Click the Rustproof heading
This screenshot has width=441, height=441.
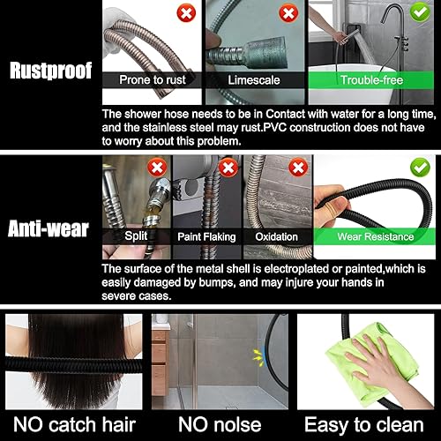click(50, 71)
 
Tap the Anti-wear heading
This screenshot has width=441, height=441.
click(49, 228)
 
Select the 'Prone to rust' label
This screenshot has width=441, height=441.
click(153, 80)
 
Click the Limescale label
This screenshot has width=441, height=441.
click(254, 80)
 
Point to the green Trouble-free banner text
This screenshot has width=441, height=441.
click(371, 80)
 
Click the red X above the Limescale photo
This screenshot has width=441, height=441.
click(288, 13)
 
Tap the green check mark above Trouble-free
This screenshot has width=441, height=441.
click(420, 12)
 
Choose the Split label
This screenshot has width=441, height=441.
click(136, 236)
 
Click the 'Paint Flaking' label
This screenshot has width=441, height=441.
click(206, 237)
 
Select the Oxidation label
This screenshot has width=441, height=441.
click(276, 237)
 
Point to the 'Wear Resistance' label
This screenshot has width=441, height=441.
click(376, 236)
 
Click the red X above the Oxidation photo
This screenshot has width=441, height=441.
click(298, 168)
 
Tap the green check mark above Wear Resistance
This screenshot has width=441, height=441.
click(420, 168)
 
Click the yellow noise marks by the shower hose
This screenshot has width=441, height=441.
click(258, 358)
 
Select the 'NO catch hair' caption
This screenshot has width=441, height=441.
click(74, 425)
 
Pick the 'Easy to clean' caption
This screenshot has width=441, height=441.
click(364, 425)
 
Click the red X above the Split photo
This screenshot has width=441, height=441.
click(157, 168)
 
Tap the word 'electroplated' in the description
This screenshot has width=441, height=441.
click(296, 269)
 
